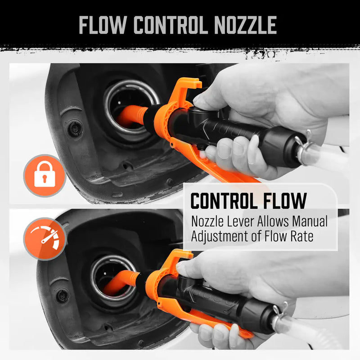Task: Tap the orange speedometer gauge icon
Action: tap(45, 238)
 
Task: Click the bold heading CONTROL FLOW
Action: tap(248, 201)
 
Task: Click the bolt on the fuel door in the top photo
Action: tap(75, 129)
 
